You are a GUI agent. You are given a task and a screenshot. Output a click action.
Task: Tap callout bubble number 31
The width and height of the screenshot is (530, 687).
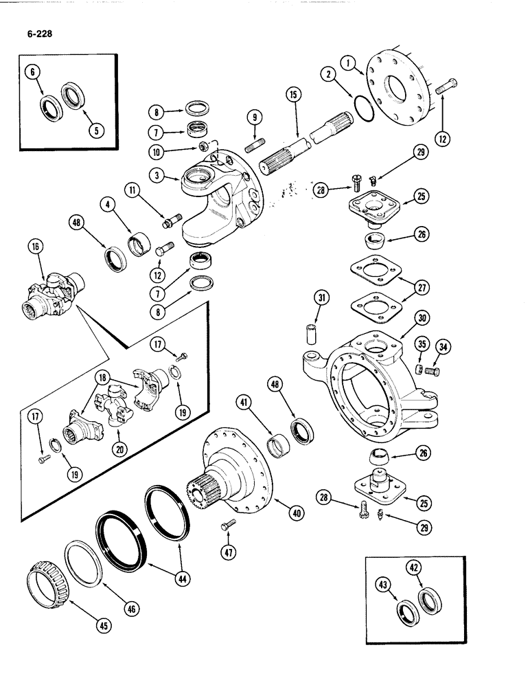[x=323, y=298]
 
